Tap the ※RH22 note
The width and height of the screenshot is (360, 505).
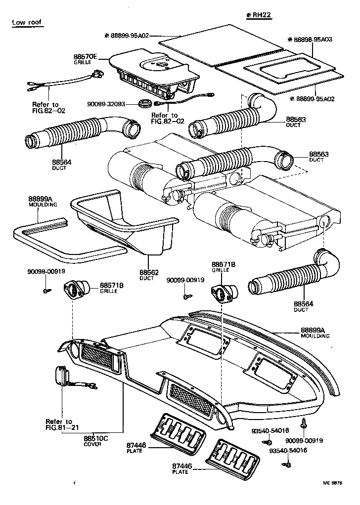tap(259, 15)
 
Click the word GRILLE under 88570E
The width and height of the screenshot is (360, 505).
tap(82, 63)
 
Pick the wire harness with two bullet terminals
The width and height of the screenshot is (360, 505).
tap(64, 83)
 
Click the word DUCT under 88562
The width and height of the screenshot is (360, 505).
tap(148, 278)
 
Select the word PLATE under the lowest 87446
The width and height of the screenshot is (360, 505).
tap(180, 471)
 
